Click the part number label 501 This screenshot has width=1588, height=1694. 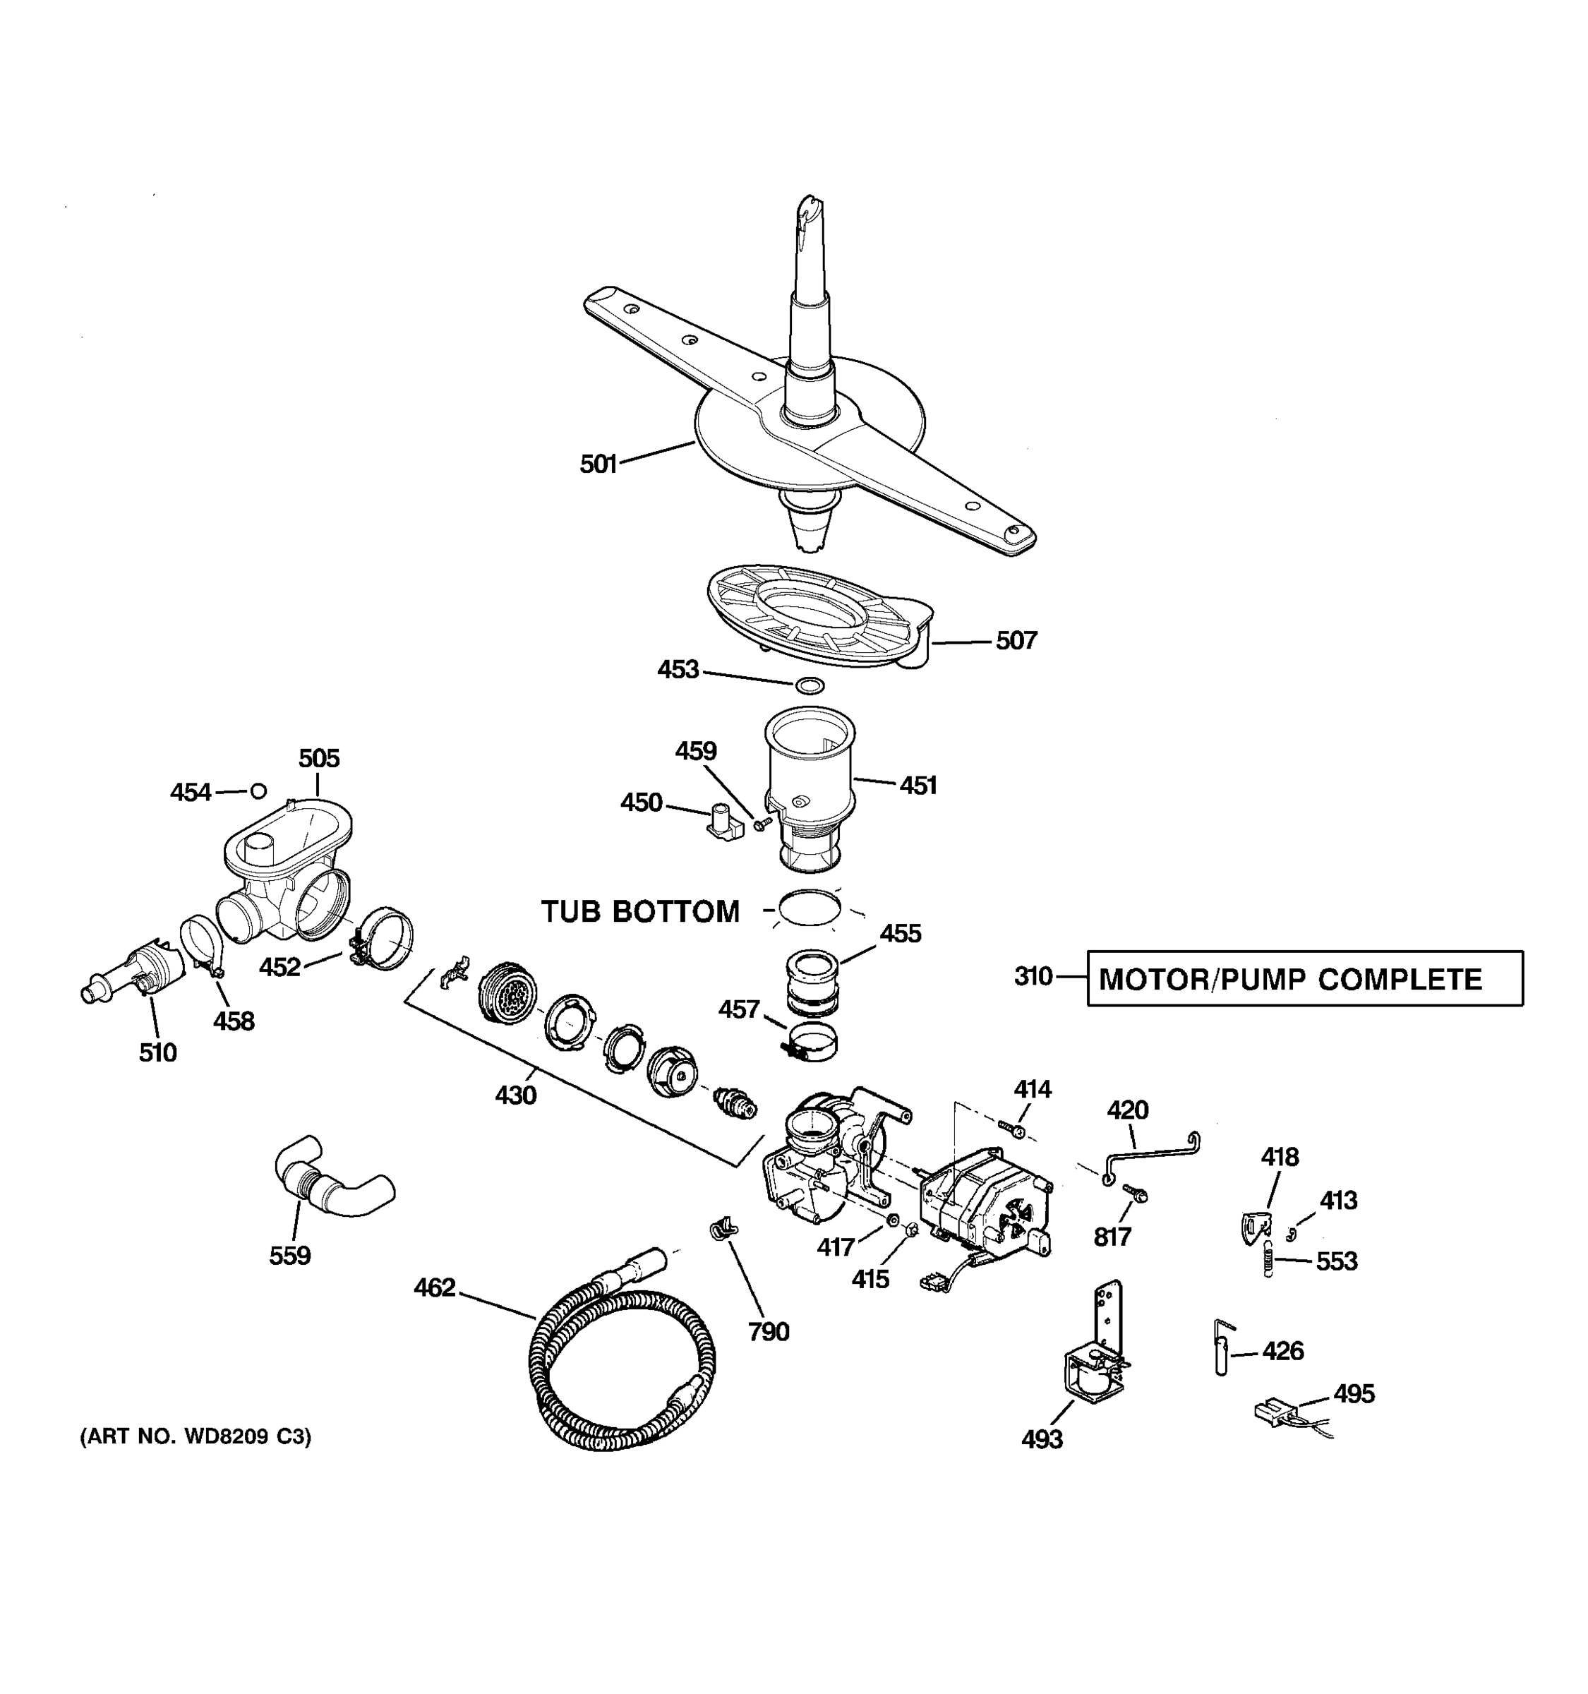598,464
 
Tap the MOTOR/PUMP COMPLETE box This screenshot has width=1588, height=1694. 1304,979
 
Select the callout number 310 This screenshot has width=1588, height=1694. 1033,977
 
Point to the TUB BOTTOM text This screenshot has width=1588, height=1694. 641,912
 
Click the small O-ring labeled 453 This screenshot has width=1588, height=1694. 810,685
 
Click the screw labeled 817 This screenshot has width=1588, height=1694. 1133,1193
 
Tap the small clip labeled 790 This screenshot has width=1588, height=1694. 723,1230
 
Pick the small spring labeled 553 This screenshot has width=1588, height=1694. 1268,1259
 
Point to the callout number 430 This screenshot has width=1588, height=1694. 516,1095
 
